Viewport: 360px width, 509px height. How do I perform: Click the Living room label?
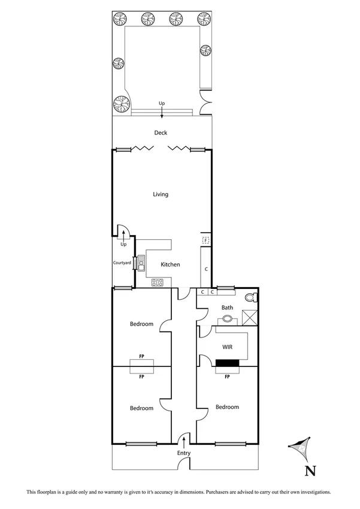(x=161, y=194)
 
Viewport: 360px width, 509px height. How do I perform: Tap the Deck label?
(x=161, y=133)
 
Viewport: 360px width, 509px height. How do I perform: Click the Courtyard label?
(x=122, y=263)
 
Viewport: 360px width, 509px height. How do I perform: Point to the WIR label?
(x=227, y=347)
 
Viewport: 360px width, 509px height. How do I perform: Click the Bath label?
(x=227, y=308)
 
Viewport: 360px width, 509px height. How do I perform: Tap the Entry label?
(x=183, y=453)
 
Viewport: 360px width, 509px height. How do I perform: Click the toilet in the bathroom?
(x=252, y=297)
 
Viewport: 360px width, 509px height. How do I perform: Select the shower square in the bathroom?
(x=250, y=317)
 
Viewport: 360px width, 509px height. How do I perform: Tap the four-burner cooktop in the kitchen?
(x=158, y=282)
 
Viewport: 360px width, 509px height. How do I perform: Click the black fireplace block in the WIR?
(x=227, y=362)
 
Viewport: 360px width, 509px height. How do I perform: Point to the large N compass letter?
(x=310, y=471)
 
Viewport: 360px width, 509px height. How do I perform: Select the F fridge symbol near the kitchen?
(x=205, y=240)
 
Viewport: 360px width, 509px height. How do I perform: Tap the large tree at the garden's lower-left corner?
(x=122, y=105)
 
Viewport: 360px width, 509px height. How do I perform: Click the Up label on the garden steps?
(x=161, y=104)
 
